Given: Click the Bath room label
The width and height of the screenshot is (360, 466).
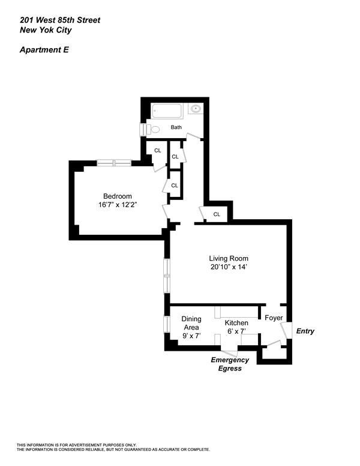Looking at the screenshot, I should pos(176,127).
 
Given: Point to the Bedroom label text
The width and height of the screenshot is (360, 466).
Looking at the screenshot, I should pos(117,196).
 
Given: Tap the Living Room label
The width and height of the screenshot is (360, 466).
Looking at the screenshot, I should pos(229,258).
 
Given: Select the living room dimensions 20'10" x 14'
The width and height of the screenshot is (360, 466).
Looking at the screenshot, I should pos(229,267).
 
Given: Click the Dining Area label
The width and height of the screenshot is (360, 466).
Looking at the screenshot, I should pos(191,323).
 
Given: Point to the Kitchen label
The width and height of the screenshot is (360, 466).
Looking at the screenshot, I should pos(236,323).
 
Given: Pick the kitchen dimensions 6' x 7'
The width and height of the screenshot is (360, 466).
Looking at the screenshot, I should pos(236,331).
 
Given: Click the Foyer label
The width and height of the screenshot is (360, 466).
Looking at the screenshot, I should pos(274,318).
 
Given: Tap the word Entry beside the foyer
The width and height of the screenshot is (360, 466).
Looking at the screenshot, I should pos(304,331).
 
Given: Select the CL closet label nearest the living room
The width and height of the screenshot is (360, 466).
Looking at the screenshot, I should pos(217,214).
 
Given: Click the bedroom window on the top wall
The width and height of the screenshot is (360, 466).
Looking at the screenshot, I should pos(114,162).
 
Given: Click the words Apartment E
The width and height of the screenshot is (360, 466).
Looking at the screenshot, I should pos(44,50).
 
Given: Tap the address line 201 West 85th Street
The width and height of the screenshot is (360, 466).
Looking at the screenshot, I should pos(59,20).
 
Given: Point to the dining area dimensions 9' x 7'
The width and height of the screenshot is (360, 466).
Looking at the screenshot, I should pos(191,336).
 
